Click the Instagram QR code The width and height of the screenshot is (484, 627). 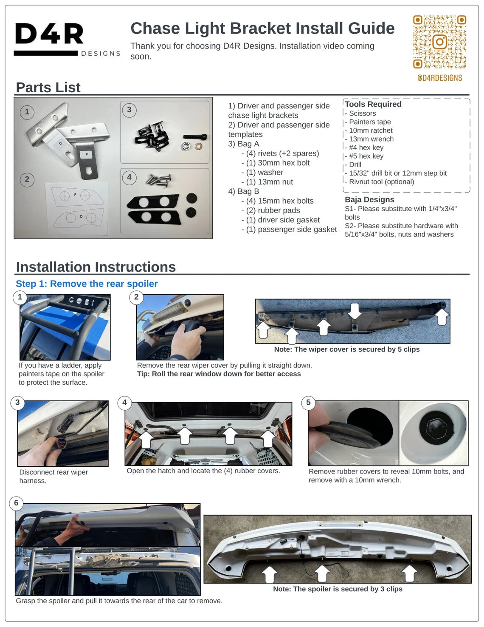click(x=440, y=42)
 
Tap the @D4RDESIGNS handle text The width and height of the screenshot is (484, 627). click(x=440, y=78)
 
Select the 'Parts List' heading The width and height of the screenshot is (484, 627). click(x=48, y=87)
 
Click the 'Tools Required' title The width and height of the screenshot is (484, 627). click(x=373, y=104)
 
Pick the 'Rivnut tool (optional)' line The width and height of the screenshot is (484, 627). click(x=380, y=182)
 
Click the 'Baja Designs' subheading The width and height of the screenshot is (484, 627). click(x=370, y=199)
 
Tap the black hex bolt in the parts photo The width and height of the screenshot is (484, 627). click(x=195, y=136)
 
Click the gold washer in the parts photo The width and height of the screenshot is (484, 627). click(x=198, y=146)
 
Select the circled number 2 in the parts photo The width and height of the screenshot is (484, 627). click(x=27, y=179)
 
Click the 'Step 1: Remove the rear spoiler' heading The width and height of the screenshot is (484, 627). click(x=87, y=284)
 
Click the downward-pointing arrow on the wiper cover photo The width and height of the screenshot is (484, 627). click(x=355, y=311)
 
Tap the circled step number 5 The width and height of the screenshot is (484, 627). click(x=308, y=402)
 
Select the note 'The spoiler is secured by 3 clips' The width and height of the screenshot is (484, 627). click(x=338, y=589)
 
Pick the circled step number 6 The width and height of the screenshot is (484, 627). click(x=16, y=503)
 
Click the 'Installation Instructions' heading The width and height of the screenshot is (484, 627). click(x=96, y=267)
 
